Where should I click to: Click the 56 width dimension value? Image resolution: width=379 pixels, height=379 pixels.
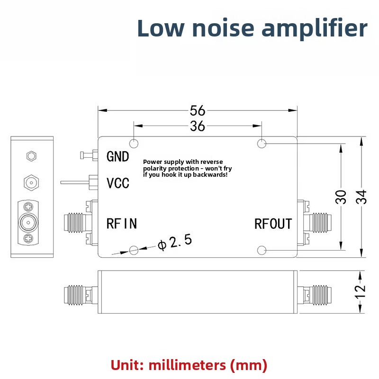[x=198, y=110]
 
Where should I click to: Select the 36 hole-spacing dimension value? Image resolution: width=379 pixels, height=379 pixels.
[x=198, y=126]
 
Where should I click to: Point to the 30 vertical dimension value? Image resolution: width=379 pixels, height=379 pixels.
[x=341, y=197]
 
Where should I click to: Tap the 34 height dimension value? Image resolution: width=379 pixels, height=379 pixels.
[x=361, y=197]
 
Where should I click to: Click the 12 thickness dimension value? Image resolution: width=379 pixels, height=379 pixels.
[x=360, y=292]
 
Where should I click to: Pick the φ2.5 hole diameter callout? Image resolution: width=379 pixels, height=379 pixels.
[x=175, y=242]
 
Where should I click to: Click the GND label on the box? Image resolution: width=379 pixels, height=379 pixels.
[x=117, y=157]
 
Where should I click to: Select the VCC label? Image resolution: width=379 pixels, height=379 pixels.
[x=118, y=183]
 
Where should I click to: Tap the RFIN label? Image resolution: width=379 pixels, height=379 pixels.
[x=122, y=223]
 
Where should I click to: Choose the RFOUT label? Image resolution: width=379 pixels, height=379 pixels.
[x=273, y=224]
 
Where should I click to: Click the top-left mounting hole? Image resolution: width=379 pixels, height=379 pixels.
[x=134, y=144]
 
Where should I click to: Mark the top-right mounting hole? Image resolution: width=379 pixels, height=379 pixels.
[x=262, y=144]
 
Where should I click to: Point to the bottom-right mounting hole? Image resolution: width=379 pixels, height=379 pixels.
[x=262, y=250]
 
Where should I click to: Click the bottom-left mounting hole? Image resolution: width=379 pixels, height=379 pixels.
[x=134, y=250]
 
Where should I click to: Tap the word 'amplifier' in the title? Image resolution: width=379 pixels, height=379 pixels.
[x=315, y=29]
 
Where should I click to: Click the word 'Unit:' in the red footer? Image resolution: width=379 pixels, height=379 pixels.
[x=127, y=365]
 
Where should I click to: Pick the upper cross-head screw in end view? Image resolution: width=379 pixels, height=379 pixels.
[x=28, y=207]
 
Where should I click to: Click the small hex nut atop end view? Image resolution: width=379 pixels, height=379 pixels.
[x=31, y=156]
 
